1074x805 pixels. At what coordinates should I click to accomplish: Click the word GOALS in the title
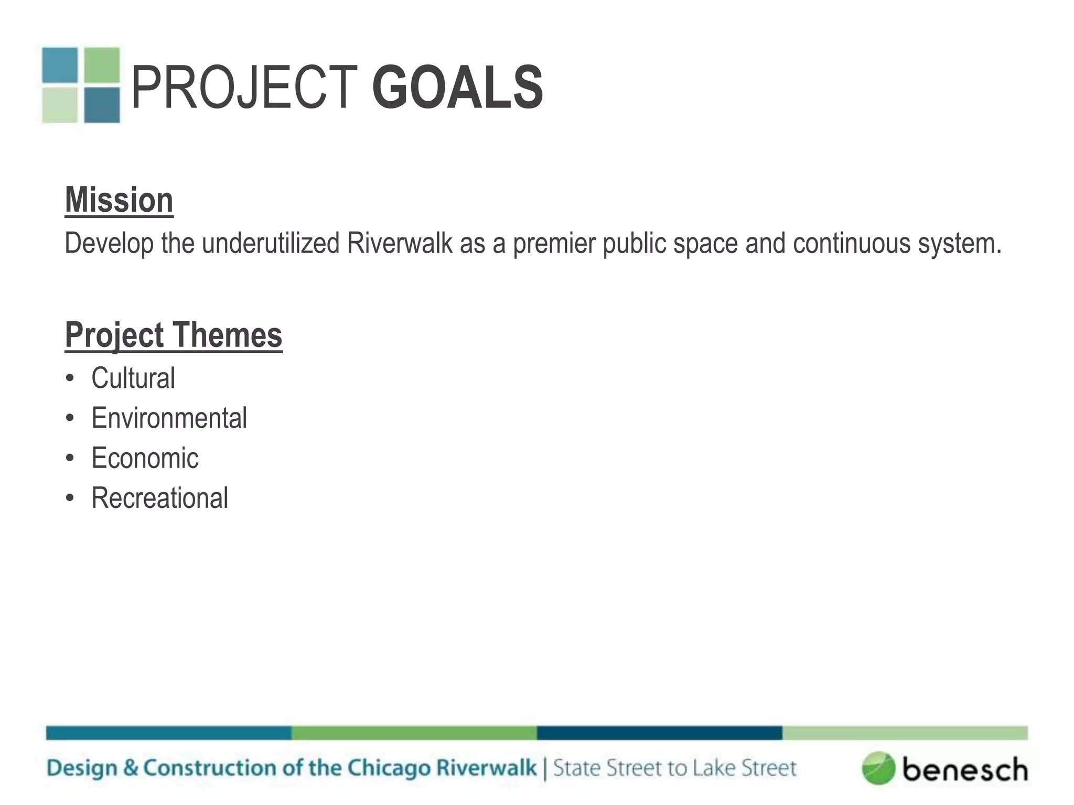(457, 88)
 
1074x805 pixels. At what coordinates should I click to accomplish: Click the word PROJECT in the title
(244, 88)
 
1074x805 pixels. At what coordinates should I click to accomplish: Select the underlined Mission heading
(119, 200)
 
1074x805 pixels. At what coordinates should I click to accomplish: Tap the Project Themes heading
(174, 335)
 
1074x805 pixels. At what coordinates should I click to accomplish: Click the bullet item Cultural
(133, 378)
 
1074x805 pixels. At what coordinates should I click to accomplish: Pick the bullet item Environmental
(169, 418)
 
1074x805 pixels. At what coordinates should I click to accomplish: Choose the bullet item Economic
(145, 458)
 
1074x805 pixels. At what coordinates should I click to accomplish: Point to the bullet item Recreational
(159, 498)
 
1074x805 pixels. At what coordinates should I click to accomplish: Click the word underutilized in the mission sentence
(271, 243)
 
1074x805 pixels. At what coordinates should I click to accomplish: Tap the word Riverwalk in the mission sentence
(400, 243)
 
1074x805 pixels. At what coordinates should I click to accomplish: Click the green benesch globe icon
(878, 768)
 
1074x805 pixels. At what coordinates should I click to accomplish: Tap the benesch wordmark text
(965, 769)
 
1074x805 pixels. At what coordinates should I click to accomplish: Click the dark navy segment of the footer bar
(659, 733)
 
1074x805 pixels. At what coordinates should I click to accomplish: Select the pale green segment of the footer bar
(905, 733)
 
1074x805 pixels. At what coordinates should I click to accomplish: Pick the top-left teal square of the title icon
(60, 65)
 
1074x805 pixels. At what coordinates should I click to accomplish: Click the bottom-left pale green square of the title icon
(60, 105)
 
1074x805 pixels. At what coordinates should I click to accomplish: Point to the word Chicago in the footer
(389, 768)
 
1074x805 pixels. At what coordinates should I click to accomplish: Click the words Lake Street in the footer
(744, 768)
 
